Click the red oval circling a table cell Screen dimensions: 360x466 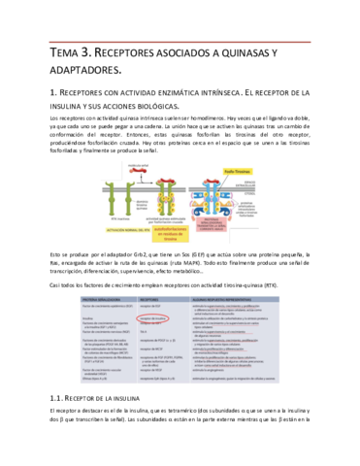(x=157, y=318)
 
